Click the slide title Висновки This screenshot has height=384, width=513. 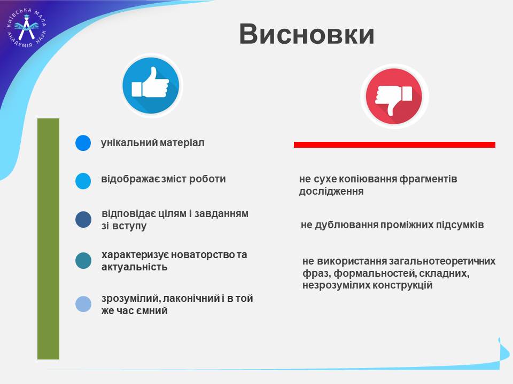click(x=307, y=34)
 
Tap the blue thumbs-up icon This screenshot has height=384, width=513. click(x=151, y=85)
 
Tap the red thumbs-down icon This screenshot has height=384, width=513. click(x=394, y=97)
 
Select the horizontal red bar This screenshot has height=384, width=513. click(x=394, y=145)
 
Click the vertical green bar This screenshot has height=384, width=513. click(x=49, y=239)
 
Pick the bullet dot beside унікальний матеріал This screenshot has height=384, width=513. click(x=83, y=143)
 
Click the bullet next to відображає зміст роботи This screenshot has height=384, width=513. click(x=83, y=181)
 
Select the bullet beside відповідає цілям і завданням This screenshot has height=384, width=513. click(x=83, y=219)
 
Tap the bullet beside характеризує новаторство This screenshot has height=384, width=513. click(x=83, y=261)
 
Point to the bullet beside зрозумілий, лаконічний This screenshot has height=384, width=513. click(x=83, y=304)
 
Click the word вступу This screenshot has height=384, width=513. click(x=129, y=226)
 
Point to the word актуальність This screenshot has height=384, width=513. click(x=135, y=267)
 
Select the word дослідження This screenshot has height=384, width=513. click(x=331, y=191)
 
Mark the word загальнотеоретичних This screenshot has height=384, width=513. click(x=442, y=261)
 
